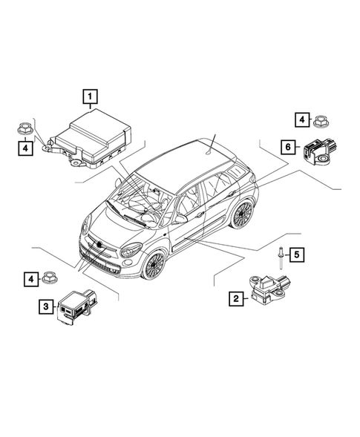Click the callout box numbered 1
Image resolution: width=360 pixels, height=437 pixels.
tap(90, 96)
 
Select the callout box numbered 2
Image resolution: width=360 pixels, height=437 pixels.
tap(236, 299)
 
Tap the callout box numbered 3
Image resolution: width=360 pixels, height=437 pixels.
tap(45, 305)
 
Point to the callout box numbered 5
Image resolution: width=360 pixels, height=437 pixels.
tap(295, 255)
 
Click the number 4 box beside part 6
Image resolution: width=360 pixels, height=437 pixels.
tap(301, 119)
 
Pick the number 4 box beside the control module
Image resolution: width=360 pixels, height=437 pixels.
tap(26, 149)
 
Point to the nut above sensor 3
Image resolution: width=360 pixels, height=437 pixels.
tap(50, 278)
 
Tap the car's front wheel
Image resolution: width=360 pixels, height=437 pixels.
tap(154, 264)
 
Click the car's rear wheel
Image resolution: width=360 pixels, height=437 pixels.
tap(242, 214)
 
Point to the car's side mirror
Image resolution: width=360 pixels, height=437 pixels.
tap(180, 220)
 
